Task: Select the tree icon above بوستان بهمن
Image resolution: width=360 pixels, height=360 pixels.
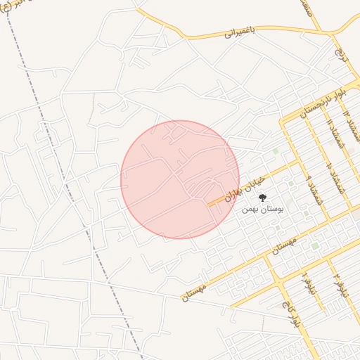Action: (x=263, y=198)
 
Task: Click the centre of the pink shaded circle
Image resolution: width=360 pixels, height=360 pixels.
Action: (x=180, y=180)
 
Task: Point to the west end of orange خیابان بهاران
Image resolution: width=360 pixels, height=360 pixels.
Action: (x=209, y=205)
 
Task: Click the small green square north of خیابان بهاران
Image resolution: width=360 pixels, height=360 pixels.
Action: (x=276, y=150)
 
